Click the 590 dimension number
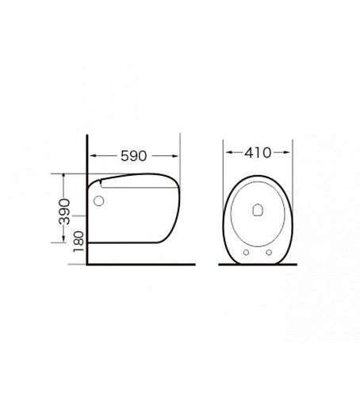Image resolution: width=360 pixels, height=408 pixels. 133,156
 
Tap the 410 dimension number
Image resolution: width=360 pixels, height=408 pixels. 258,153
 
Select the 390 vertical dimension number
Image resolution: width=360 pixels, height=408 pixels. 64,212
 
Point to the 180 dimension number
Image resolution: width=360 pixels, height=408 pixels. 79,242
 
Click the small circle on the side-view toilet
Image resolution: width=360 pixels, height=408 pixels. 98,201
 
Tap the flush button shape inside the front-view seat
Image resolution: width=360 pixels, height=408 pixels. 258,210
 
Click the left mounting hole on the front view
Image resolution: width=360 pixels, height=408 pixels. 246,253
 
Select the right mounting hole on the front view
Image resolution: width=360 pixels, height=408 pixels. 269,253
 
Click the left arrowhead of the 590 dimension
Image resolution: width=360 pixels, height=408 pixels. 93,156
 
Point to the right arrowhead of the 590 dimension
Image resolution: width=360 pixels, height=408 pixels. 176,156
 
